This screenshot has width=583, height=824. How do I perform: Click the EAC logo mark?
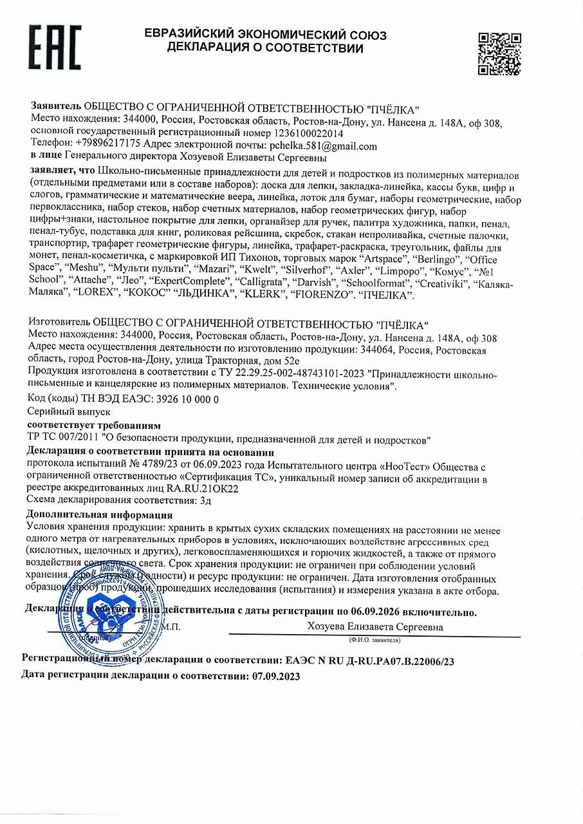pos(55,48)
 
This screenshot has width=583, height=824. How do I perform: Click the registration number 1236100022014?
pos(299,134)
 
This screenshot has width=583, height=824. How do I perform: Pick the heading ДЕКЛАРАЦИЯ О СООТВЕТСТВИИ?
pos(265,48)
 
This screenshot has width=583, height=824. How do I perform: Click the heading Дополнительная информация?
pos(99,515)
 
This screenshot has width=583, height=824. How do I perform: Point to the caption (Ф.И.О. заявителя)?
pos(374,641)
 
